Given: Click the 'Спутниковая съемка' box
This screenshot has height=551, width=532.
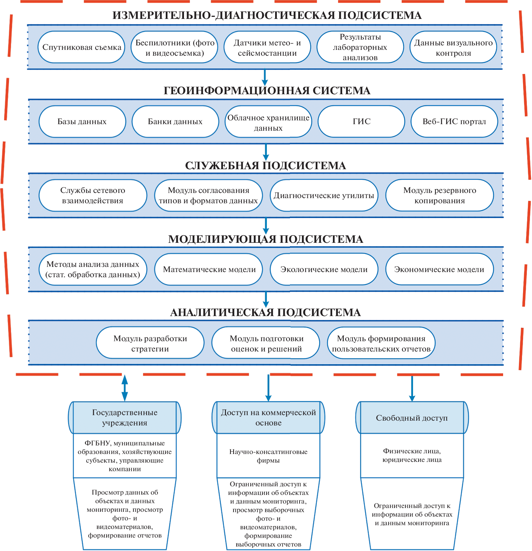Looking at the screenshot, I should [x=82, y=47].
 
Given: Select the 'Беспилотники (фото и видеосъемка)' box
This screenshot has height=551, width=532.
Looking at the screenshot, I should [x=175, y=47].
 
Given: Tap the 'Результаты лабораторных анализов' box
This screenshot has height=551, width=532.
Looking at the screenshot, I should [x=360, y=47].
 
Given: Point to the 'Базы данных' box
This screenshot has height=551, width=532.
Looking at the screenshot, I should [x=82, y=121].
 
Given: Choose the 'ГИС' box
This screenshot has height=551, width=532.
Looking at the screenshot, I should [x=361, y=121].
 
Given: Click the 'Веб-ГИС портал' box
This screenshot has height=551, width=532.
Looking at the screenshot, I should [x=454, y=121].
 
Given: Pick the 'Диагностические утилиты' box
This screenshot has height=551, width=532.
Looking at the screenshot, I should [x=324, y=195].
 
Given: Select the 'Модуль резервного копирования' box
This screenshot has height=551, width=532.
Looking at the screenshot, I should [x=439, y=195].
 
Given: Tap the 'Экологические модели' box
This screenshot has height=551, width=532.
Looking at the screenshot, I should [x=324, y=269].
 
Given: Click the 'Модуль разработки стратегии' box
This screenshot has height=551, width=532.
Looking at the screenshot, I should [x=150, y=343].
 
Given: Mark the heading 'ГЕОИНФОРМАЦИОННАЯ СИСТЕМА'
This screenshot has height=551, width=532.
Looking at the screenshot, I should [x=267, y=90].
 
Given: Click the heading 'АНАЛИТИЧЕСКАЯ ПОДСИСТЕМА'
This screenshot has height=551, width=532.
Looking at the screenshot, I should [x=265, y=312].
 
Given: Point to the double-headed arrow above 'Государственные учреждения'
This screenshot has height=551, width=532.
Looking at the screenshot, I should [x=125, y=388].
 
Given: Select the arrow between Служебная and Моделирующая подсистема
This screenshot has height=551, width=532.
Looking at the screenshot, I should [x=265, y=226].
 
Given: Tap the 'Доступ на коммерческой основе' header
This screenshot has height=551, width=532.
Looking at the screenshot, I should [x=268, y=418].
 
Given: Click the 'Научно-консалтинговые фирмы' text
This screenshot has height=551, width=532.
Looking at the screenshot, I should [x=268, y=456].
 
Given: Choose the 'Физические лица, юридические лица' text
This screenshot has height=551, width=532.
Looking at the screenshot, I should [x=412, y=455].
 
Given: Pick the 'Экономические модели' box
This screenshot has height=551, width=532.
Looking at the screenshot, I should [x=439, y=269].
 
